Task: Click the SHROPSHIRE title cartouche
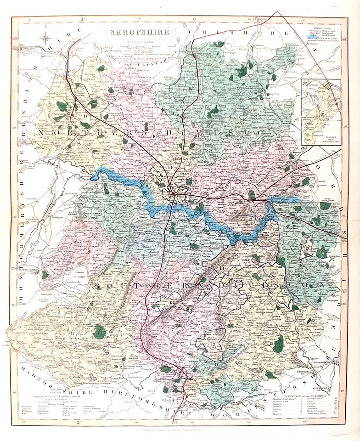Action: [x=138, y=32]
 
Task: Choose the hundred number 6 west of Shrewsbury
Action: [x=116, y=214]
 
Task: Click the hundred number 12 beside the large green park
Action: [x=271, y=343]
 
